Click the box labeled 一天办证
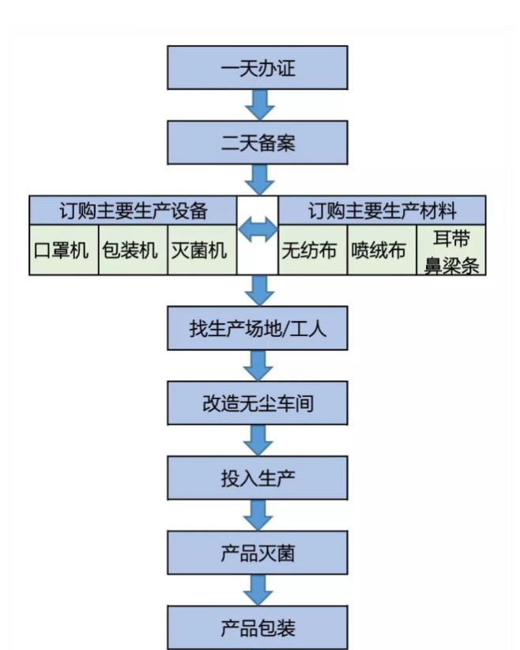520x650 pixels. (258, 70)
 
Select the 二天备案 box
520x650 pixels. (258, 142)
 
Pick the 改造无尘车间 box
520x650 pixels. (258, 403)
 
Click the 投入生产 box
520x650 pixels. (258, 478)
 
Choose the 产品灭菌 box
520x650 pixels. (258, 553)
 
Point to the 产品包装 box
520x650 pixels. (258, 627)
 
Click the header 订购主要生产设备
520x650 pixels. (133, 210)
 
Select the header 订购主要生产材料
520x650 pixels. (382, 210)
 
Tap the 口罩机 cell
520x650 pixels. (63, 251)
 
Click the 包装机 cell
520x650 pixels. (133, 251)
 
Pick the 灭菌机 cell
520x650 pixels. (202, 251)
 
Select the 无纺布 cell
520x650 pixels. (312, 251)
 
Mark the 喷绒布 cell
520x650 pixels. (382, 251)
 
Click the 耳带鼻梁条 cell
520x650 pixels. (451, 251)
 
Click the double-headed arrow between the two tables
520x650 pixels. (258, 231)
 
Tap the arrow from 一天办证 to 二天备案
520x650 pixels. (258, 105)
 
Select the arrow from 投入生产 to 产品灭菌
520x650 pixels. (258, 516)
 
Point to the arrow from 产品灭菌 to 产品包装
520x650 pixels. (258, 590)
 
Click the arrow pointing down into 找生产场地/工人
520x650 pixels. (258, 290)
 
